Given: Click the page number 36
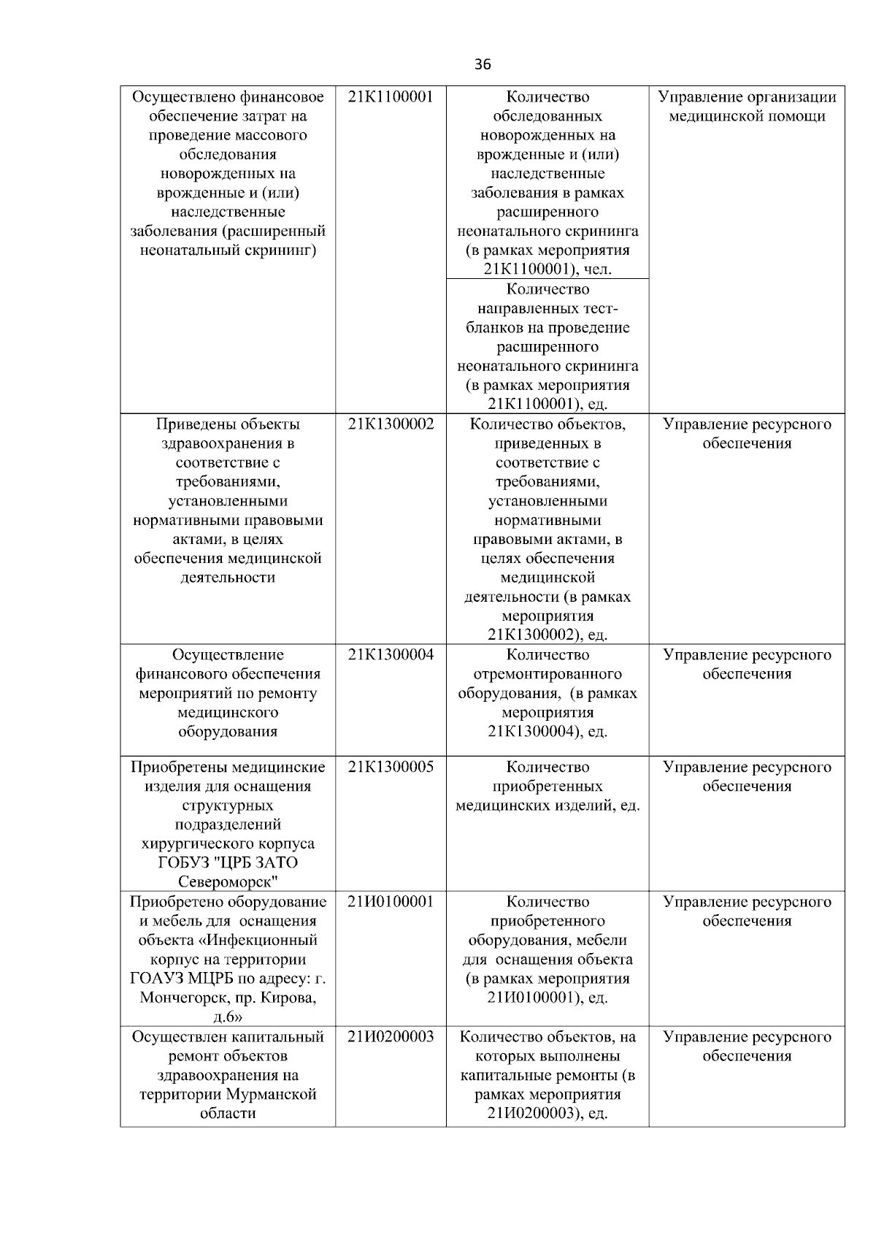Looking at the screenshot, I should (483, 64).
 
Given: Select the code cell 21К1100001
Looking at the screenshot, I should (391, 97).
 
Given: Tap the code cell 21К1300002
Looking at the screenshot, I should (391, 424).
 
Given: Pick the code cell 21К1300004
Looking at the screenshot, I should (391, 655).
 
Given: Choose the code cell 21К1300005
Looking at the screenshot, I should (391, 767).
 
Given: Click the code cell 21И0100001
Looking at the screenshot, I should (391, 902).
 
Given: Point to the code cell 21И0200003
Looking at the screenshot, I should (391, 1037).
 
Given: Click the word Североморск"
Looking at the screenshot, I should (228, 881).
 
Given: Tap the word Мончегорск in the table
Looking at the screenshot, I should (182, 998).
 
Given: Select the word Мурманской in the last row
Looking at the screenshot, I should (272, 1095).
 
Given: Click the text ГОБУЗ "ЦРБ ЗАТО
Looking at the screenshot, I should (228, 862).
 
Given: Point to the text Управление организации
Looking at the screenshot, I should (747, 97).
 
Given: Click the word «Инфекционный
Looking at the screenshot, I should (264, 941).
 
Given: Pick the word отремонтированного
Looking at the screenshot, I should (547, 674).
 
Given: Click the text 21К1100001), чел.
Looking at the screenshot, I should (547, 269).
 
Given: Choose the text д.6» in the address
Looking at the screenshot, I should (228, 1017).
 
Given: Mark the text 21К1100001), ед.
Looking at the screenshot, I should (547, 404).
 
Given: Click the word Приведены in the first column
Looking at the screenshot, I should (192, 424).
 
